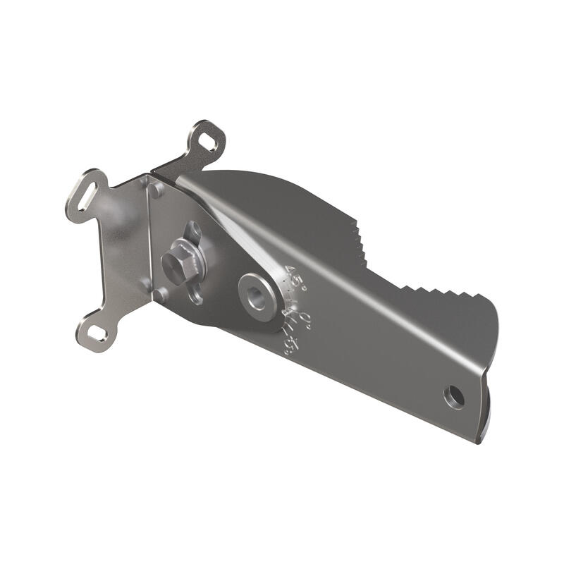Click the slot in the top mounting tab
pos(208,141)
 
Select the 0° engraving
pos(305,319)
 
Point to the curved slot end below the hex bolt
pos(195,296)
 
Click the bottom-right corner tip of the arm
pos(481,440)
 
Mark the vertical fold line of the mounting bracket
pos(150,240)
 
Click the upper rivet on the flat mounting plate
pos(154,188)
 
